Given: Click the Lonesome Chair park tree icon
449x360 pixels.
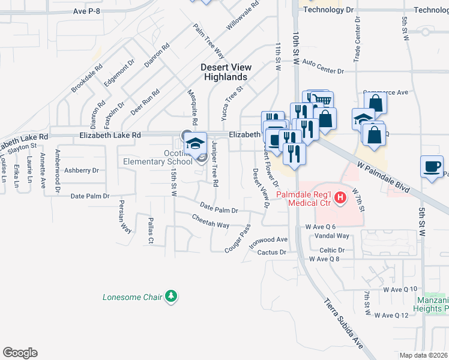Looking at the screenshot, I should pos(172,296).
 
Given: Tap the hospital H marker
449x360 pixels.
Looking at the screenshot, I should pos(340,197).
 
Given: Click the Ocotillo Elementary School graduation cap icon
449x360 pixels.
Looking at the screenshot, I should pos(195,143).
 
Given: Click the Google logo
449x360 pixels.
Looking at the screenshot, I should pos(20,353).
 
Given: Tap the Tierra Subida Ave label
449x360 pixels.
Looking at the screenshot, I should pos(345,323).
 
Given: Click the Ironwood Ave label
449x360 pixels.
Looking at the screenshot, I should pos(269,239).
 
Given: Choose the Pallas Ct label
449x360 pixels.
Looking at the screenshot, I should pos(150,231).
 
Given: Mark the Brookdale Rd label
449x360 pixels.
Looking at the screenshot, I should pos(88,79).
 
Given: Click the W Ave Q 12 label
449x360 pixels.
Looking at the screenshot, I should pos(391,315).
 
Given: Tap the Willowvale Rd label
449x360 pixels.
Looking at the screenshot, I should pos(243,16).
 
